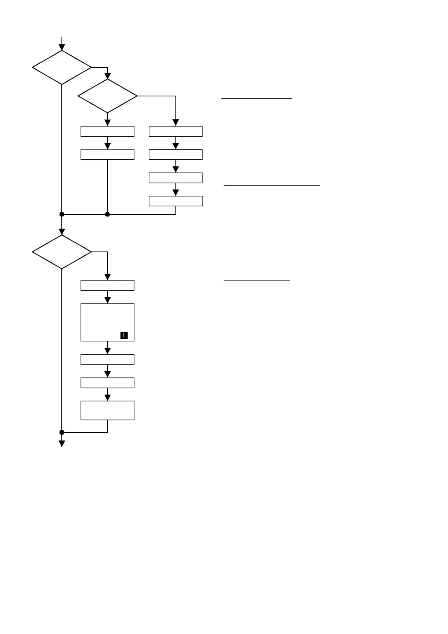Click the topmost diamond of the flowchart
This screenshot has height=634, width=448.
[62, 67]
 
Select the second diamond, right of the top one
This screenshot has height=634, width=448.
[108, 96]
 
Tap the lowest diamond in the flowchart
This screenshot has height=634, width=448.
[62, 252]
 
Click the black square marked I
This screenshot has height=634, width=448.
[124, 335]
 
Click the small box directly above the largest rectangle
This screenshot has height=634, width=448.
[107, 285]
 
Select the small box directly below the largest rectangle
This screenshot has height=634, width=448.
[107, 359]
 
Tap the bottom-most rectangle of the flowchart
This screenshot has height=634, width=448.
[107, 410]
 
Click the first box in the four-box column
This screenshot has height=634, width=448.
[175, 131]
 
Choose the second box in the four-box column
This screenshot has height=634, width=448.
[175, 155]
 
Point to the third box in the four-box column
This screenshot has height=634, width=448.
[175, 178]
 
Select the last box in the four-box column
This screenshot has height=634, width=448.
[175, 201]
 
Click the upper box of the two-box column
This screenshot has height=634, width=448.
[107, 131]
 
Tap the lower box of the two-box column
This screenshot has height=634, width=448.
[107, 155]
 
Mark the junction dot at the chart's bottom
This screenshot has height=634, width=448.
[62, 432]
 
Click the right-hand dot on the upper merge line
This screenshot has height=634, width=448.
[107, 214]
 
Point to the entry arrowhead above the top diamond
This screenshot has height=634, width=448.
[62, 47]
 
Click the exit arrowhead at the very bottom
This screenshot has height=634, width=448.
[62, 443]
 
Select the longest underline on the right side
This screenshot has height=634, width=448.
[271, 185]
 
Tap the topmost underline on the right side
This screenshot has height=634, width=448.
[256, 98]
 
